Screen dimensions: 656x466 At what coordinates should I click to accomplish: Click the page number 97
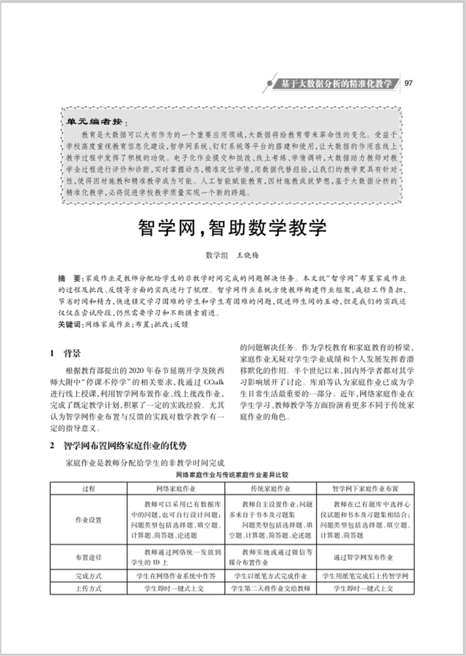point(408,83)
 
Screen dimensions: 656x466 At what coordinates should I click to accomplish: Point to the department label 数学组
point(217,255)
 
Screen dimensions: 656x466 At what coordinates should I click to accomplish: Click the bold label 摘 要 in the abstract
point(72,279)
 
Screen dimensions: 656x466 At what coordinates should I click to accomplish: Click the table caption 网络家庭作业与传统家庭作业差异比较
point(232,476)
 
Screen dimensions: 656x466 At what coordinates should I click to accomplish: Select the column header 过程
point(90,488)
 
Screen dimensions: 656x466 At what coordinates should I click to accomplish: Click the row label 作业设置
point(90,520)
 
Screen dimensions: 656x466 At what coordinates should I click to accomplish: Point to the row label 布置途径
point(90,558)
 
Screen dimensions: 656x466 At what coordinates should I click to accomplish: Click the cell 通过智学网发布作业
point(365,558)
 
